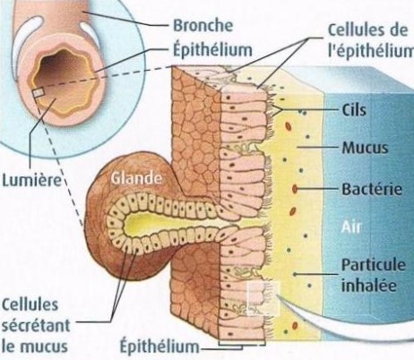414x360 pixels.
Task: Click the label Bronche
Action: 203,25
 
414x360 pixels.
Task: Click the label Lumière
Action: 31,180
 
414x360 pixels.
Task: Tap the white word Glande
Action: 136,178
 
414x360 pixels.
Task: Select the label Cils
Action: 354,110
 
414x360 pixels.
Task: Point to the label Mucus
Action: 365,148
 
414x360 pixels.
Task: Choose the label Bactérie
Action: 372,189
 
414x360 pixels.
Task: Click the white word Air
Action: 351,227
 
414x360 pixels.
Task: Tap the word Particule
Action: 374,265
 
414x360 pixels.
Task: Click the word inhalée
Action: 369,286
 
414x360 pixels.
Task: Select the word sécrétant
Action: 36,326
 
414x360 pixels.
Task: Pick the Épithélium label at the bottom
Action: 160,347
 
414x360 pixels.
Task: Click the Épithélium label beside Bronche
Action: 212,50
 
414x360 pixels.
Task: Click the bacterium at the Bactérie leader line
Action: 295,189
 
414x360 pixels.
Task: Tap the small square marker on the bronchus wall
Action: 39,93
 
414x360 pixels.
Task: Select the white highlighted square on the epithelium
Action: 263,298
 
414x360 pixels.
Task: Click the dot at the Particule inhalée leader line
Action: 295,274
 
